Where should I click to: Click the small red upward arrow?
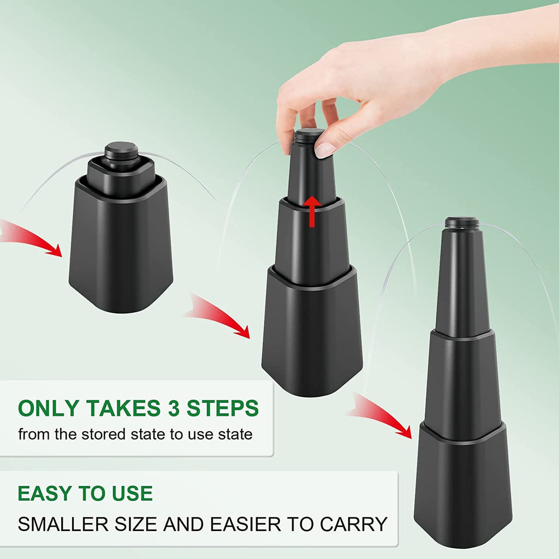(312, 211)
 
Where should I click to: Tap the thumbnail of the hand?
(325, 150)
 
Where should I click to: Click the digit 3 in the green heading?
(174, 408)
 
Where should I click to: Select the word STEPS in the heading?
(223, 408)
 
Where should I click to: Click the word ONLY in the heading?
(49, 408)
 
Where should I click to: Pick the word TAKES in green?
(123, 408)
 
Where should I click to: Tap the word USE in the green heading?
(132, 493)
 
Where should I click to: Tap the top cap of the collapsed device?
(122, 151)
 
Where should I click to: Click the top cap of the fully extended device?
(463, 223)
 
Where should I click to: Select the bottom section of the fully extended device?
(463, 485)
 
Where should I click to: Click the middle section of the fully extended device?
(463, 378)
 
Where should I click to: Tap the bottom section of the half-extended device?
(312, 331)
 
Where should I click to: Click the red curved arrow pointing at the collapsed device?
(31, 237)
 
